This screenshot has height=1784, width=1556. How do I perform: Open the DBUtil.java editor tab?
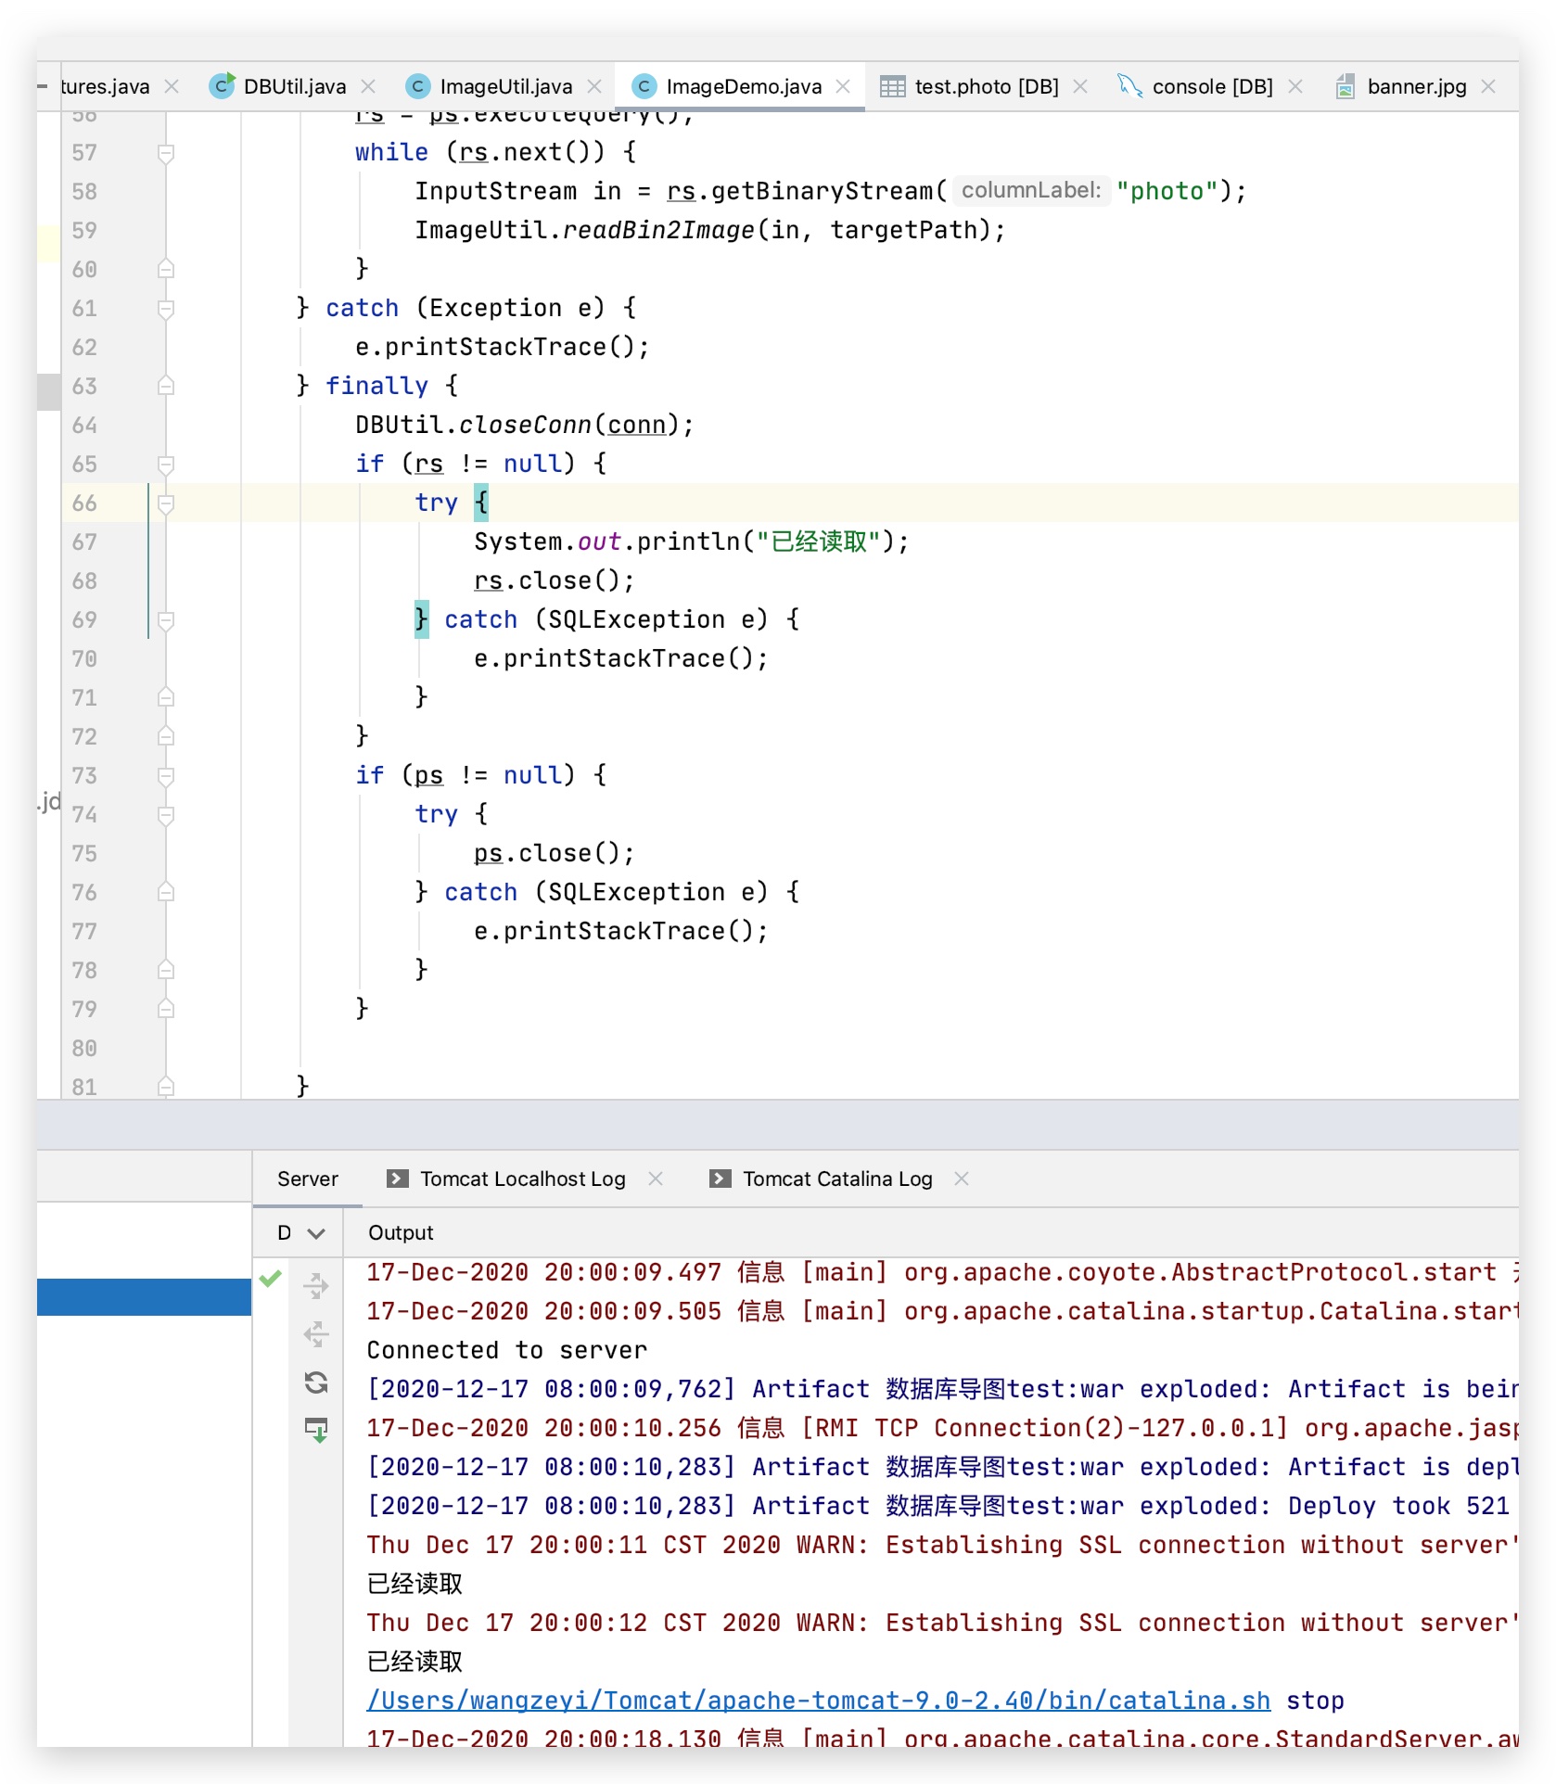tap(294, 87)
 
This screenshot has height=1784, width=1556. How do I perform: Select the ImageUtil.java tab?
tap(505, 87)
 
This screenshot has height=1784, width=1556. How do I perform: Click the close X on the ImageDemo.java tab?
tap(843, 86)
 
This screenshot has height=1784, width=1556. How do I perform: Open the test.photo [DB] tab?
tap(986, 87)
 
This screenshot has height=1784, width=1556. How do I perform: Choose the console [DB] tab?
tap(1211, 87)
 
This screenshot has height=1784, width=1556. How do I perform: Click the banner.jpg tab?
tap(1416, 87)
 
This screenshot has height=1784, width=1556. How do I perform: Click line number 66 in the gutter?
tap(84, 503)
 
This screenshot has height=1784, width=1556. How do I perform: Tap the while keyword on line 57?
tap(391, 152)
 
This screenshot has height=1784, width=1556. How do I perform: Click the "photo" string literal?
tap(1167, 191)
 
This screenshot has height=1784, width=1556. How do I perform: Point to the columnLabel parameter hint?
tap(1030, 191)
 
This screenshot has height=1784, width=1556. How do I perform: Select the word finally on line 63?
tap(376, 386)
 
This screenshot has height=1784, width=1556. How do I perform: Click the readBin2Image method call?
tap(658, 230)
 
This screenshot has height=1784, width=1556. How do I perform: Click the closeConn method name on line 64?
tap(525, 425)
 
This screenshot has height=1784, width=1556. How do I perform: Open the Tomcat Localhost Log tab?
tap(522, 1179)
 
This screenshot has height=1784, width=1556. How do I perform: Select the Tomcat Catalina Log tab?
tap(836, 1179)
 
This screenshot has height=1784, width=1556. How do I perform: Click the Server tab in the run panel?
tap(308, 1179)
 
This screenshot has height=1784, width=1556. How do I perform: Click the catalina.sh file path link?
tap(818, 1701)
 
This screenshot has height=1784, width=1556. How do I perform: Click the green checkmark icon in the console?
tap(271, 1279)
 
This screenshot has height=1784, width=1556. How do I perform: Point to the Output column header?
tap(401, 1232)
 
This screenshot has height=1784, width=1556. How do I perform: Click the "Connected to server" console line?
tap(506, 1350)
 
